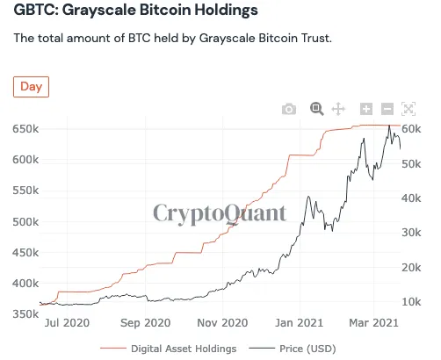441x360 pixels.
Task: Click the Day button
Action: tap(31, 87)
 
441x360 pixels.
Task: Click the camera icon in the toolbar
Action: tap(289, 109)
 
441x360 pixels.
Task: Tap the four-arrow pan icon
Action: tap(338, 109)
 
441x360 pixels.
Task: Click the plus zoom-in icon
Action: tap(366, 109)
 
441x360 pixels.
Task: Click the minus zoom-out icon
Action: tap(387, 109)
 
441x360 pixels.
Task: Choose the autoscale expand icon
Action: tap(408, 109)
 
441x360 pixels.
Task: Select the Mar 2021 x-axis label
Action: tap(376, 323)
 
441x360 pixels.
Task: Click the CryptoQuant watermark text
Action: tap(220, 212)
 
